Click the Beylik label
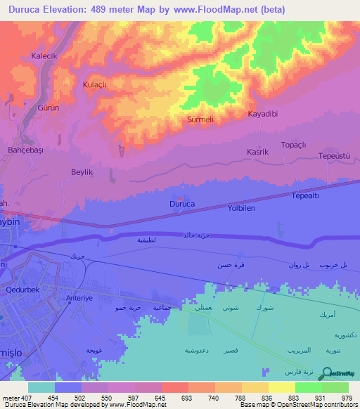coord(82,172)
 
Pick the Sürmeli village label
coord(200,120)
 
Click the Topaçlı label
coord(294,145)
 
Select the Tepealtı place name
coord(306,197)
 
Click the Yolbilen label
coord(241,209)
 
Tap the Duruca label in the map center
coord(181,204)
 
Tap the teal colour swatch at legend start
coord(41,387)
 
